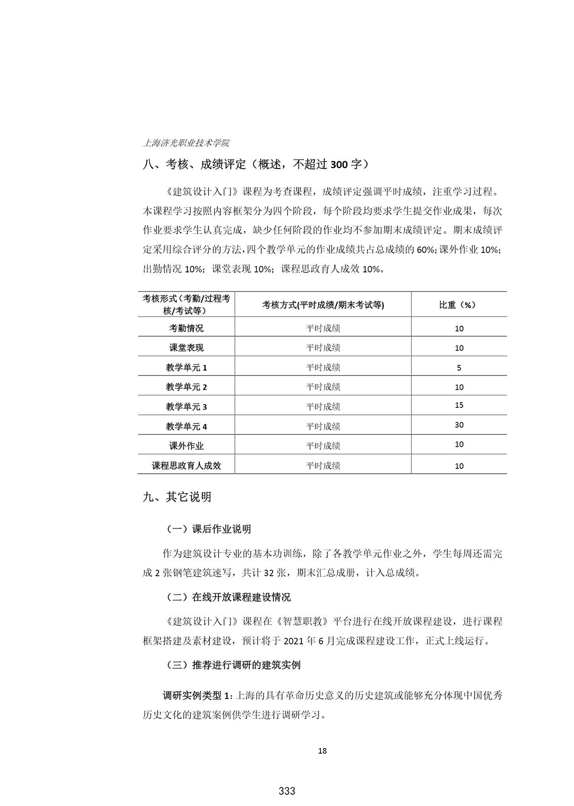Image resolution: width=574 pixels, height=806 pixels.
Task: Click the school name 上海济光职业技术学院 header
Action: tap(186, 143)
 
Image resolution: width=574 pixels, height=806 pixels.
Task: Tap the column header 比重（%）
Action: tap(458, 305)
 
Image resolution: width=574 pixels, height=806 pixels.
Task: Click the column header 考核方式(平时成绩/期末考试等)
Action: tap(323, 305)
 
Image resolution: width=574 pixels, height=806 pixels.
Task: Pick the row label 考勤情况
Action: tap(186, 328)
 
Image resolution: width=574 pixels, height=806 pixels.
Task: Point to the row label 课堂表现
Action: tap(186, 348)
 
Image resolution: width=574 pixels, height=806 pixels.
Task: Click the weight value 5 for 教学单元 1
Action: tap(459, 368)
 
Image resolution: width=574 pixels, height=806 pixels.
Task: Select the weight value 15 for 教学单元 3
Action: tap(459, 405)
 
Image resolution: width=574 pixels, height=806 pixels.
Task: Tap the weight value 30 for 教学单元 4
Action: tap(459, 425)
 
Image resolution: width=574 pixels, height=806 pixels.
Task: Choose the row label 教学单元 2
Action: tap(186, 387)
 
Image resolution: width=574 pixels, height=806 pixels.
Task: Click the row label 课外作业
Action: tap(186, 446)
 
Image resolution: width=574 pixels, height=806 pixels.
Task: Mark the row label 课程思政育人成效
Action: tap(186, 465)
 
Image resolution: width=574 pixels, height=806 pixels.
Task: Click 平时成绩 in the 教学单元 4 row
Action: tap(323, 426)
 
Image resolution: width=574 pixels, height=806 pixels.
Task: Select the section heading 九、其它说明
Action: tap(177, 497)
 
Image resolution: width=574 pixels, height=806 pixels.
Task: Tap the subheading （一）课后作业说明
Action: tap(208, 529)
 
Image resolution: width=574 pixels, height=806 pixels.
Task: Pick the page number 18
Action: tap(322, 750)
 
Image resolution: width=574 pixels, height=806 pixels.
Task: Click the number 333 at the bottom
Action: tap(287, 791)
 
